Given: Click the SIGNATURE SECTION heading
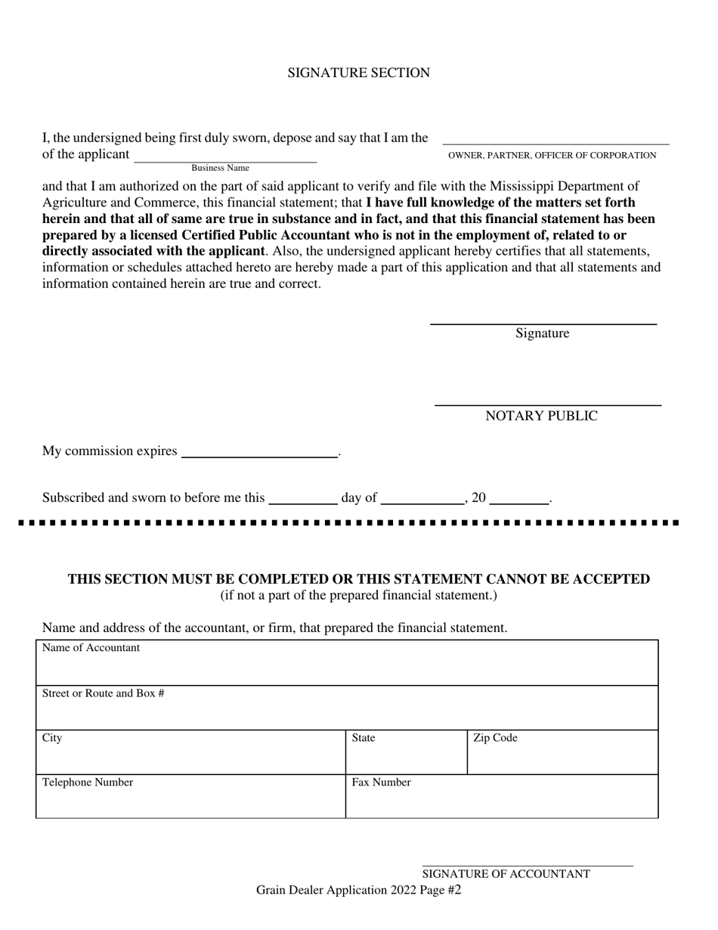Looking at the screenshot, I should click(358, 73).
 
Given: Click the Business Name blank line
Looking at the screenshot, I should click(225, 157).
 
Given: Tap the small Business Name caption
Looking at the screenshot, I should click(220, 168).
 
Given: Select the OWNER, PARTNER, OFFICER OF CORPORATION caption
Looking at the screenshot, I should click(552, 155).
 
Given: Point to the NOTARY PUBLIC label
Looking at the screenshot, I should click(541, 416).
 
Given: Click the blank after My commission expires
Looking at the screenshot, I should click(259, 452).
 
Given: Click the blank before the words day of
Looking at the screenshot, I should click(303, 499).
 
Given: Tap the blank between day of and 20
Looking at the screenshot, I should click(422, 499).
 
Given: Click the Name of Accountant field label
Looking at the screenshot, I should click(91, 648).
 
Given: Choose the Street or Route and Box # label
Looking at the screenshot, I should click(103, 693).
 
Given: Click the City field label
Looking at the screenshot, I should click(52, 738).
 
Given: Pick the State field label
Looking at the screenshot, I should click(363, 738).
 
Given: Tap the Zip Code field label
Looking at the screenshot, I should click(495, 738).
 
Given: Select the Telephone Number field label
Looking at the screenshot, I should click(88, 783).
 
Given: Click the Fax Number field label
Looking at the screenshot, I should click(381, 783).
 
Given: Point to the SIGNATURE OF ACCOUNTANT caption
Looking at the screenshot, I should click(506, 874).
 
